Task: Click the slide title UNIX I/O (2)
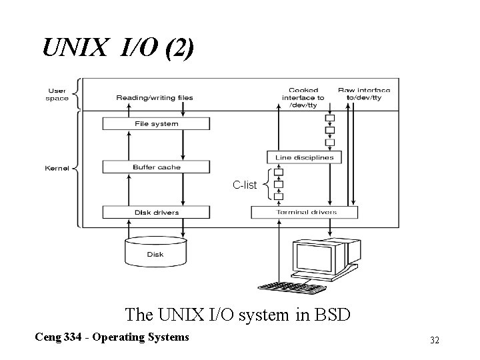pos(119,47)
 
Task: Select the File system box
pos(156,123)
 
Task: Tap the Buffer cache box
pos(156,167)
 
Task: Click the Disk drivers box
pos(156,212)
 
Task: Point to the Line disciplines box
pos(305,157)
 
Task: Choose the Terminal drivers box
pos(305,212)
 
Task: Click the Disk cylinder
pos(155,252)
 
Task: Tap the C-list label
pos(244,184)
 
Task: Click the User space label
pos(57,94)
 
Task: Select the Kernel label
pos(56,167)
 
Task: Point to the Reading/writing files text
pos(155,97)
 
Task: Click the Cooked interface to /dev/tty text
pos(303,97)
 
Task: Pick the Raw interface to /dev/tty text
pos(364,94)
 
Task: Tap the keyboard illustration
pos(292,287)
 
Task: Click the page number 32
pos(434,340)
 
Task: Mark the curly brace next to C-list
pos(267,184)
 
